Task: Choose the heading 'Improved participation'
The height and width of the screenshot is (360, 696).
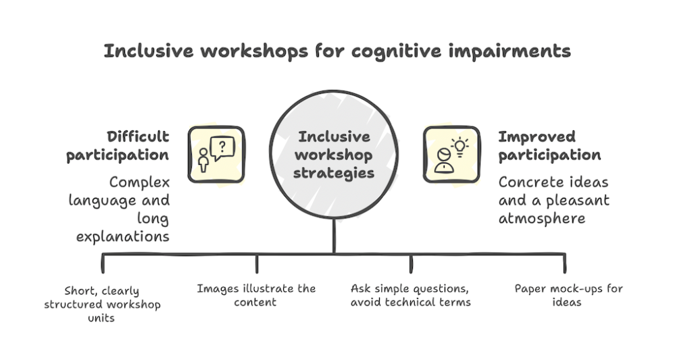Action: [x=549, y=145]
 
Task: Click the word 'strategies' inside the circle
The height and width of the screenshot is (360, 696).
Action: [x=336, y=173]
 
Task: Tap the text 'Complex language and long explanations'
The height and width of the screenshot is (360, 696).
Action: [x=133, y=209]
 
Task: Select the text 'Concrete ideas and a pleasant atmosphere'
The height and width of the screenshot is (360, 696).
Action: [x=554, y=200]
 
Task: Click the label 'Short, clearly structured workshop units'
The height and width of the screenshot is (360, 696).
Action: [x=103, y=304]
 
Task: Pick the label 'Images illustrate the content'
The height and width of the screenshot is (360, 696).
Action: [x=256, y=296]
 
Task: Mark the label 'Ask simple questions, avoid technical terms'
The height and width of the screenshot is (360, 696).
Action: [x=411, y=296]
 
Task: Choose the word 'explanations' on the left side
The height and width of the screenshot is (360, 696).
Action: [x=132, y=236]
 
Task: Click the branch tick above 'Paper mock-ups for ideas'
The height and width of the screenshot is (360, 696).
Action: [x=565, y=263]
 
